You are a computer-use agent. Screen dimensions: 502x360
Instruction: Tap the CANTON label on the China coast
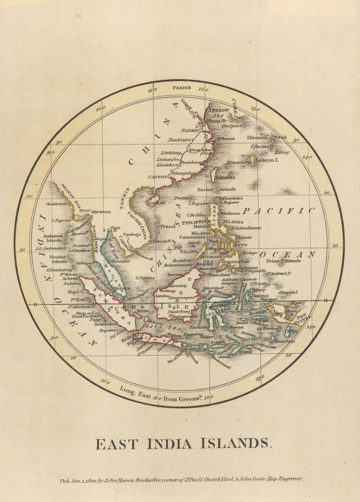[x=157, y=177]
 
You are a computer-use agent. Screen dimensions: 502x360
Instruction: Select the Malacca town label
[x=122, y=287]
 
